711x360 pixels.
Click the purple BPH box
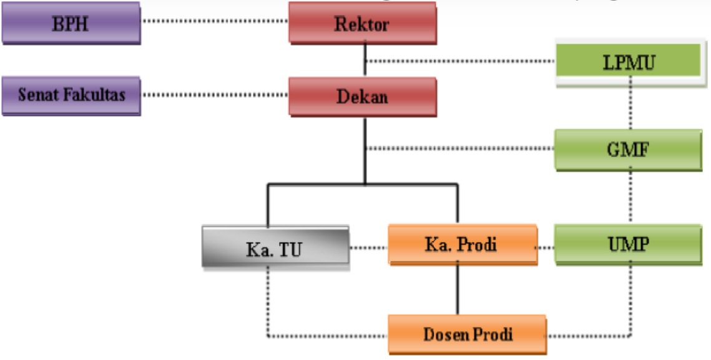(x=70, y=24)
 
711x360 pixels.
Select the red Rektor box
(x=363, y=25)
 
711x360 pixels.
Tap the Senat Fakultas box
(x=71, y=95)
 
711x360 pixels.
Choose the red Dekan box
(x=363, y=97)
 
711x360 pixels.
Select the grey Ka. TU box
(x=274, y=248)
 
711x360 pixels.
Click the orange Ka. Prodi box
(x=461, y=245)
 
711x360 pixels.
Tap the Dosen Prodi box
(x=467, y=334)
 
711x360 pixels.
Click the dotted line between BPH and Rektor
(x=215, y=22)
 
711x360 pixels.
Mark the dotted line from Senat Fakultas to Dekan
(x=215, y=96)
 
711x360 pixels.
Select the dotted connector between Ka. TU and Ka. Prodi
(x=368, y=248)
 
